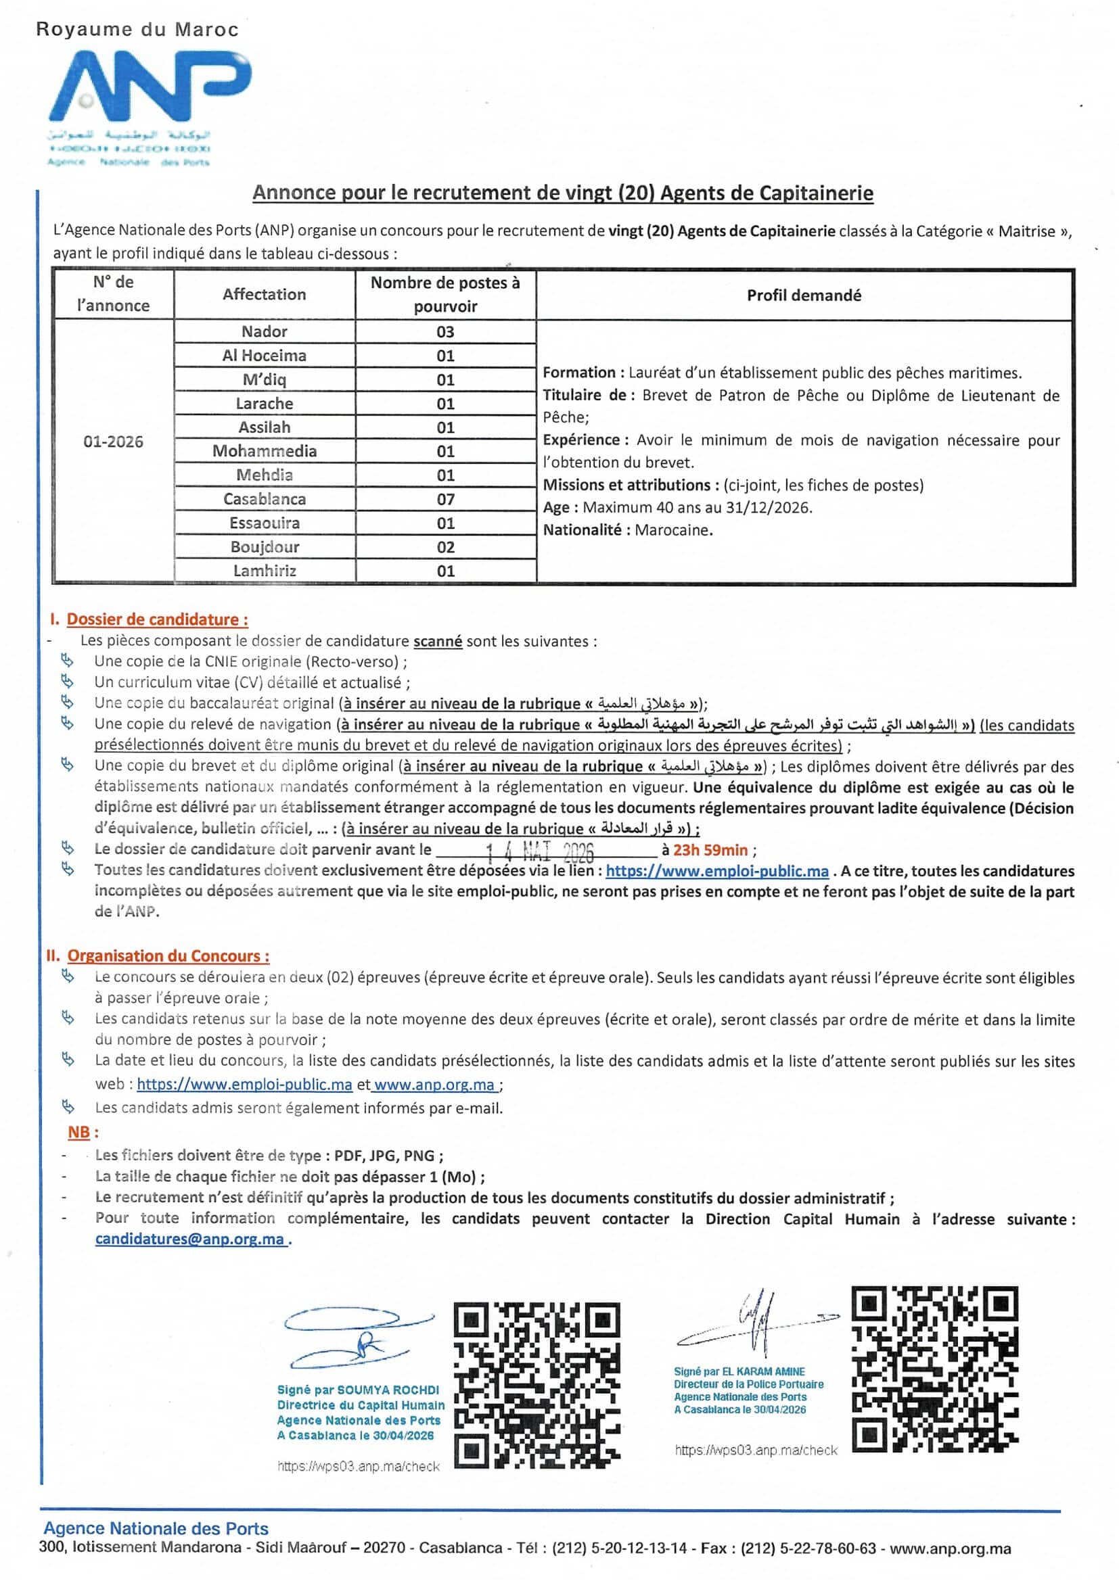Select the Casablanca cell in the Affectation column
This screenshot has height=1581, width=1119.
[264, 499]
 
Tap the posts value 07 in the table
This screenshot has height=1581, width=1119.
[445, 499]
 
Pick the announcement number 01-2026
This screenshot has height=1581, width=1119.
[113, 442]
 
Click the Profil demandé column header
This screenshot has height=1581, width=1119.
[804, 296]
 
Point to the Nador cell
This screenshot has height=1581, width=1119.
[264, 332]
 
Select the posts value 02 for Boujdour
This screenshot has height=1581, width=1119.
[445, 548]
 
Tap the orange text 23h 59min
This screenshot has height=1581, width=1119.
[710, 851]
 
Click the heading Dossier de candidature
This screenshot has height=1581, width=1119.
[157, 619]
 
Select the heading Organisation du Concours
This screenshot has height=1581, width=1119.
[168, 956]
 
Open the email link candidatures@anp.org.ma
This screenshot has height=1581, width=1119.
[189, 1239]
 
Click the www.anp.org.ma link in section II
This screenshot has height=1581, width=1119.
[434, 1085]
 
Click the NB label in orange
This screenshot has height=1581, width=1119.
[79, 1133]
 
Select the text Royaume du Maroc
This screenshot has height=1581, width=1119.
[137, 30]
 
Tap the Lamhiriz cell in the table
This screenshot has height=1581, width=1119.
[264, 571]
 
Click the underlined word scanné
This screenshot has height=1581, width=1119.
[438, 641]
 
